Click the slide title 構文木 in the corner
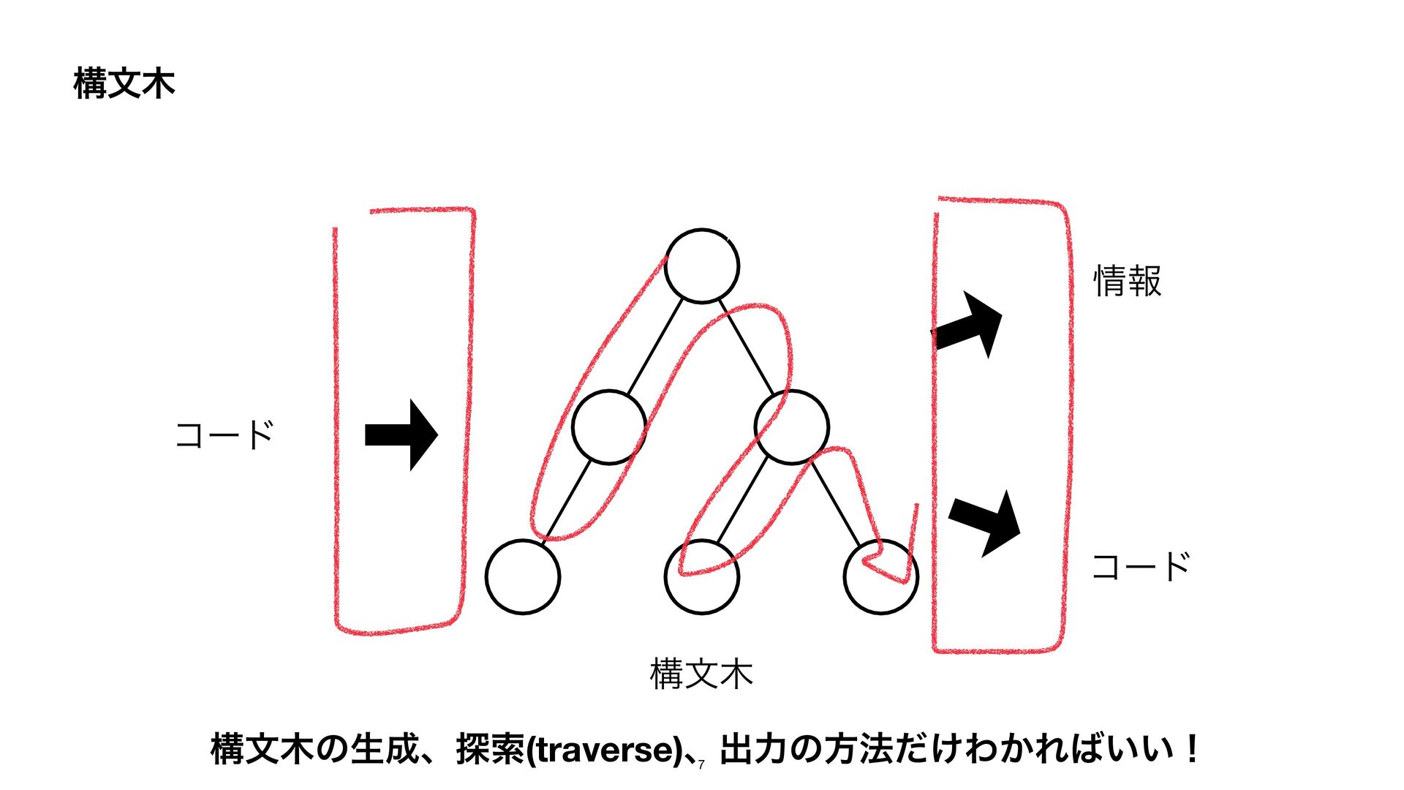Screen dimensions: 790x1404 [x=124, y=83]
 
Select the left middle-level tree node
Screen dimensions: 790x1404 [x=608, y=427]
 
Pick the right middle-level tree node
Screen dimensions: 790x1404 [x=792, y=427]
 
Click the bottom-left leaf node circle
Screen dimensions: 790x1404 [x=523, y=576]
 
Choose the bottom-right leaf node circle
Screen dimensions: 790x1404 [x=880, y=576]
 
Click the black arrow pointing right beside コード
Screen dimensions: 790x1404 [x=401, y=434]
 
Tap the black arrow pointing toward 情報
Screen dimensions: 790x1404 [x=968, y=326]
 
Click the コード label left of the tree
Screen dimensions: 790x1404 [x=224, y=434]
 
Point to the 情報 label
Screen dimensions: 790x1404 [x=1127, y=282]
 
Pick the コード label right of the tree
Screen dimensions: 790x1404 [x=1141, y=567]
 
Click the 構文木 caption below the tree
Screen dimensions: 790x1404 [x=701, y=674]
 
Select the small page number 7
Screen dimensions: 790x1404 [x=701, y=765]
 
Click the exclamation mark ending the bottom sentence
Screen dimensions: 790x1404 [x=1193, y=749]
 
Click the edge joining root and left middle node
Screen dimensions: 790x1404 [x=655, y=347]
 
